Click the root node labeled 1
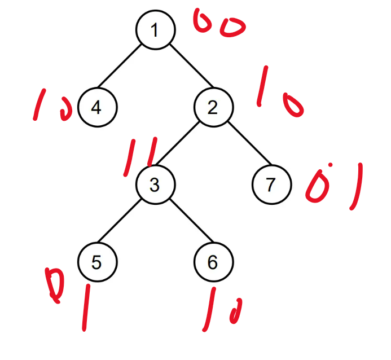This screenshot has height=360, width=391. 155,29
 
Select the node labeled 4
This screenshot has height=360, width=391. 97,107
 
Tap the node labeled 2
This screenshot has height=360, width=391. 213,107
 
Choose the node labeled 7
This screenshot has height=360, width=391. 271,184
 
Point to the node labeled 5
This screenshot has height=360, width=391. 97,261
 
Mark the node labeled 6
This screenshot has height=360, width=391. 213,261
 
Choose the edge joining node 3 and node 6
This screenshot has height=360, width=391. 184,222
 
